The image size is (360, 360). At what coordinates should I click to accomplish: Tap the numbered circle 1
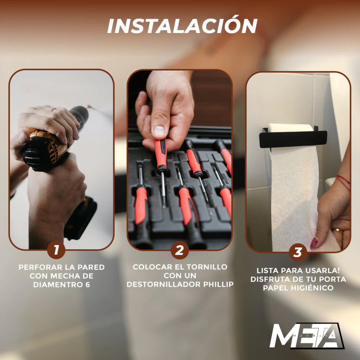[x=56, y=250]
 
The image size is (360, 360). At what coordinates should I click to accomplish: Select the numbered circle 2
[x=180, y=250]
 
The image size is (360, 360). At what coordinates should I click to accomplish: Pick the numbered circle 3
[x=298, y=252]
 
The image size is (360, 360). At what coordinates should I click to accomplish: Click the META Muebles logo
[x=307, y=336]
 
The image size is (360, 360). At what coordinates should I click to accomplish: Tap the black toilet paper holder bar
[x=293, y=139]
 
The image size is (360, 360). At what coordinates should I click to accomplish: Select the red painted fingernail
[x=314, y=243]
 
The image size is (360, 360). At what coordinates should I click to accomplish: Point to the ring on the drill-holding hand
[x=54, y=110]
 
